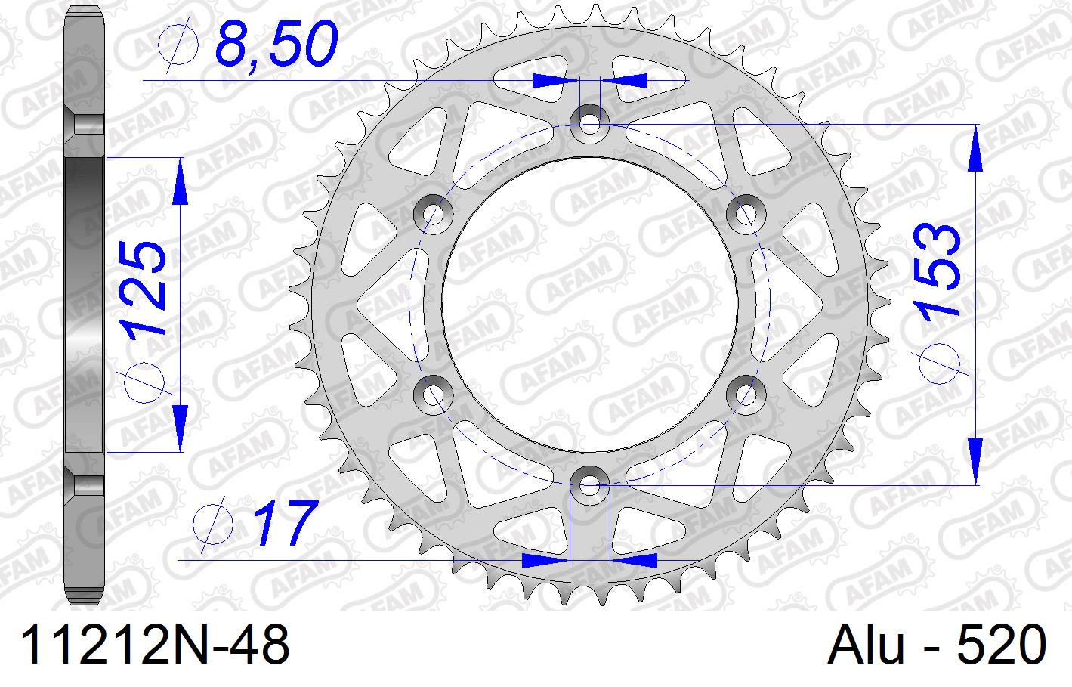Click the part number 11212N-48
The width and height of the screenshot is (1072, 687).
click(x=156, y=647)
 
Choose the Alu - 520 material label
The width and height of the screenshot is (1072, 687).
click(x=937, y=647)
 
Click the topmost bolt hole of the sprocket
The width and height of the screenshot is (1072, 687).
click(x=589, y=121)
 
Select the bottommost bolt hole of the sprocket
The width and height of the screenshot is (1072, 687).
click(x=589, y=484)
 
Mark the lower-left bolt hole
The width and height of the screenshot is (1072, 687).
click(x=433, y=393)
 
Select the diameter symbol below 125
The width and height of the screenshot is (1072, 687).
click(x=145, y=379)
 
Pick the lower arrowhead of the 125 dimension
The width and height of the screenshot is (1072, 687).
click(x=180, y=427)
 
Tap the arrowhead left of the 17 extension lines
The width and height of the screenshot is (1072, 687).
click(x=545, y=560)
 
